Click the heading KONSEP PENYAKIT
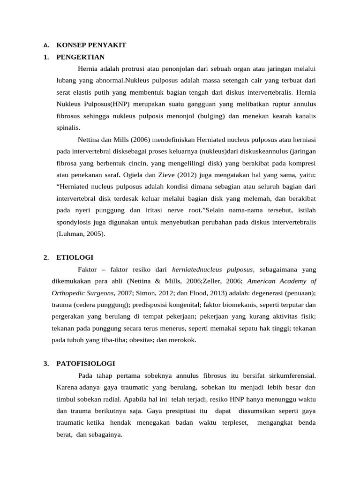(x=91, y=45)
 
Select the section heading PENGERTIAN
(x=80, y=57)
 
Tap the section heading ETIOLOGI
(x=75, y=257)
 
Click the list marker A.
(x=45, y=45)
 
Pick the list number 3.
(x=45, y=364)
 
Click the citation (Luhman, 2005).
(x=81, y=234)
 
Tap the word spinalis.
(x=68, y=127)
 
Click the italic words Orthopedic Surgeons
(x=82, y=293)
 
